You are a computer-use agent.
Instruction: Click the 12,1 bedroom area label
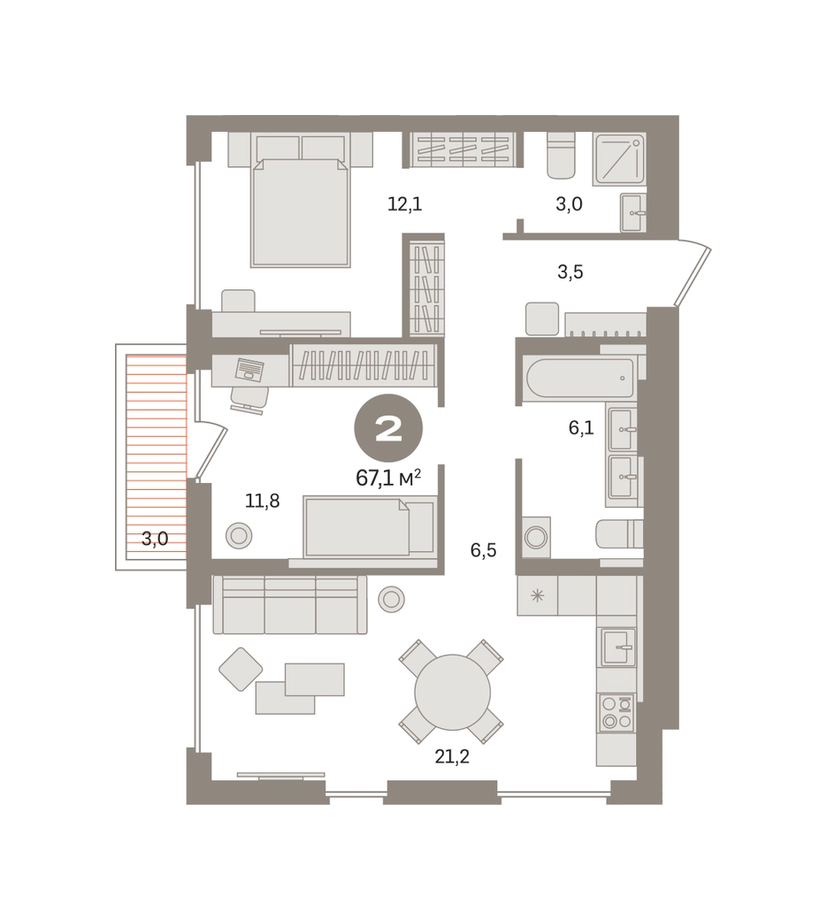tap(405, 204)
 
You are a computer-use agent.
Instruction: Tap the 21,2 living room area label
tap(452, 757)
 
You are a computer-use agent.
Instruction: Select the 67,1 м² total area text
tap(388, 479)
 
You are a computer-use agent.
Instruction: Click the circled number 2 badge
tap(388, 430)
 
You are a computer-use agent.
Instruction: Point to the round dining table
tap(452, 693)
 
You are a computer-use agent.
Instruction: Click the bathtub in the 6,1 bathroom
tap(580, 378)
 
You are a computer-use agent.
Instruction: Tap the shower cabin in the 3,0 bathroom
tap(619, 160)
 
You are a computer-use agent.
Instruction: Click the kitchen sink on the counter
tap(617, 647)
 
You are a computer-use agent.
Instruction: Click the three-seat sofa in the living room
tap(290, 604)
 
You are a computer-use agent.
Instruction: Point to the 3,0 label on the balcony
tap(155, 539)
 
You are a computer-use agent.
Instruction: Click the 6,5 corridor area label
tap(483, 550)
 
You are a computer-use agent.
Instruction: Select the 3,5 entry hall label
tap(570, 272)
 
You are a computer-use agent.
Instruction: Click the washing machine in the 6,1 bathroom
tap(535, 537)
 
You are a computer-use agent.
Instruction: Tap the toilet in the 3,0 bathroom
tap(561, 156)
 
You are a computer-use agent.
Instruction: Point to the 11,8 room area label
tap(262, 501)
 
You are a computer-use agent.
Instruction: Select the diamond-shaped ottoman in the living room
tap(241, 669)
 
